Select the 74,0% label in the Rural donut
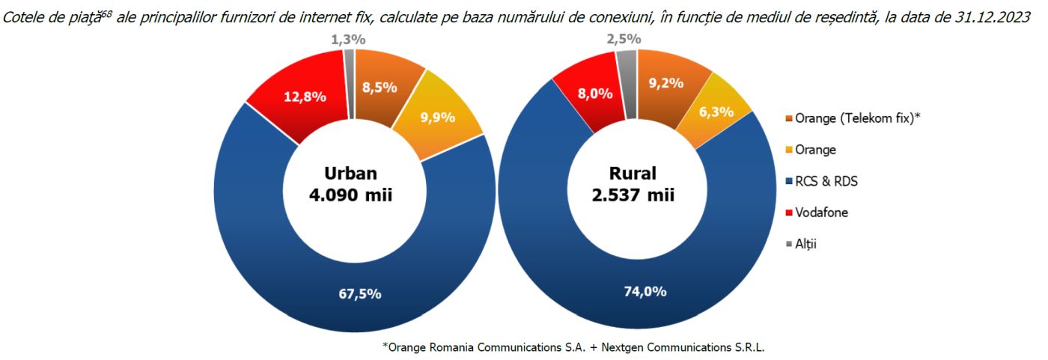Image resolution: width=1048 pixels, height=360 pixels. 646,292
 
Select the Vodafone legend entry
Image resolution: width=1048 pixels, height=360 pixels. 816,213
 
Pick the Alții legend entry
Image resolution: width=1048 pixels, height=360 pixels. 805,243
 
